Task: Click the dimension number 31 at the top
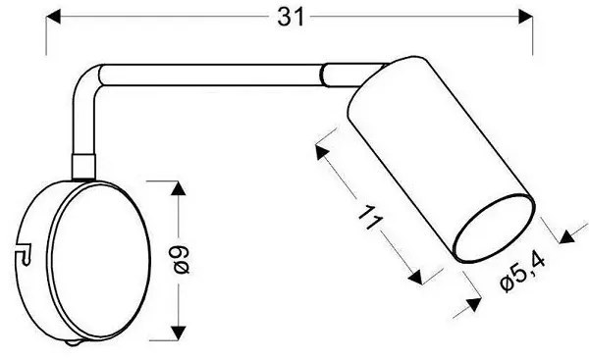point(291,18)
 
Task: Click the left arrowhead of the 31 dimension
point(53,17)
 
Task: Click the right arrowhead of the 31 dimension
point(525,17)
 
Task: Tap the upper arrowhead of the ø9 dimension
point(178,187)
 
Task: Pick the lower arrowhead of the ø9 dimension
point(178,334)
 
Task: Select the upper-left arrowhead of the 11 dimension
point(321,152)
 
